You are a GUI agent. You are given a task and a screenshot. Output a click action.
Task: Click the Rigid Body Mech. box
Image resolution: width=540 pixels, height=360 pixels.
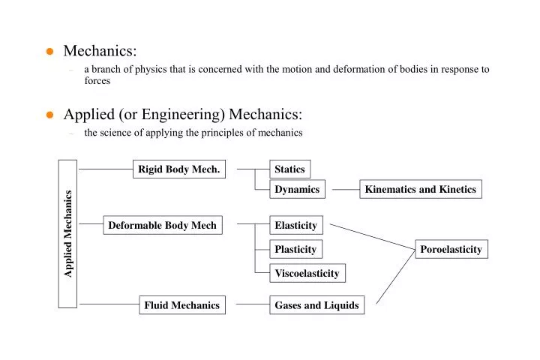coord(179,169)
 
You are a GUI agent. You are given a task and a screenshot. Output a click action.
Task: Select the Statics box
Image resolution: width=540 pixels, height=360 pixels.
coord(289,169)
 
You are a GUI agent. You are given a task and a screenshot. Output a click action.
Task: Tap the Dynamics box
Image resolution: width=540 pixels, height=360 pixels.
coord(297,190)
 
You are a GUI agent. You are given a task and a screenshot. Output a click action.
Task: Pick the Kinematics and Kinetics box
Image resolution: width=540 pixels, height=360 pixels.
coord(420,190)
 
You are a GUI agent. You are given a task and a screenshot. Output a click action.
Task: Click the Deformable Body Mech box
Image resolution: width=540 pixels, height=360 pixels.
coord(162,225)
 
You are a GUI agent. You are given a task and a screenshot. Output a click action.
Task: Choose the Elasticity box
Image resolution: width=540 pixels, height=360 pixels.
coord(295,225)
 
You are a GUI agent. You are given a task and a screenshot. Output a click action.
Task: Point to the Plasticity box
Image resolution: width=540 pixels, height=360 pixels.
coord(295,249)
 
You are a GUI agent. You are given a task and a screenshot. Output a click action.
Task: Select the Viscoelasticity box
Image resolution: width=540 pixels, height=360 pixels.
coord(307,273)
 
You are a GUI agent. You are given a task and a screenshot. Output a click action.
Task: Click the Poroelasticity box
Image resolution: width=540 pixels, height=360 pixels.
coord(451,249)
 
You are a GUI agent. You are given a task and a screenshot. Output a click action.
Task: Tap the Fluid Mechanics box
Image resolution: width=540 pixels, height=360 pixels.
coord(182,305)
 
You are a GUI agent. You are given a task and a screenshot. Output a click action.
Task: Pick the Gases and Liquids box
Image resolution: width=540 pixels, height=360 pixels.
coord(316,305)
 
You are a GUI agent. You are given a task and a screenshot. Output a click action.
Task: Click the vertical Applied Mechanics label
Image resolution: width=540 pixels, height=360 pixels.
coord(67,234)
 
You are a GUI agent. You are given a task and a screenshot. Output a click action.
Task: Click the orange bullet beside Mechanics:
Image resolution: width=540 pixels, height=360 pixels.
coord(49,52)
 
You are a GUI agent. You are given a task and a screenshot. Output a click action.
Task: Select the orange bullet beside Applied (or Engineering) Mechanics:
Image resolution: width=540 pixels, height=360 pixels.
coord(49,115)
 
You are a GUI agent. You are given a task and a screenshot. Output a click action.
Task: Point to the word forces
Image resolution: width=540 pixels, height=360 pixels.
coord(97,81)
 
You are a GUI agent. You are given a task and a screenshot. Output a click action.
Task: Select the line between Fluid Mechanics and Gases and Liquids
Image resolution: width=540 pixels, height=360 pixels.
coord(253,305)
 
